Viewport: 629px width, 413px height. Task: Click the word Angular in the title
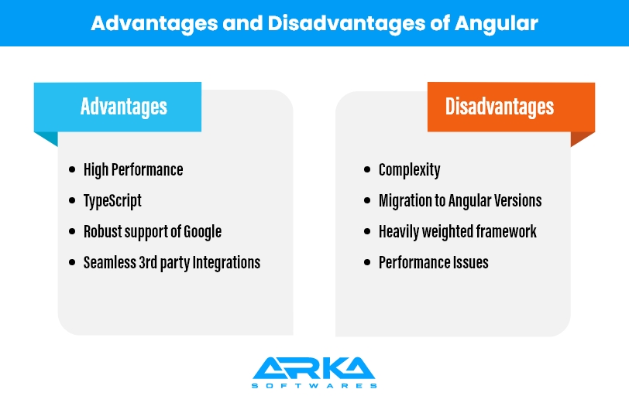pyautogui.click(x=497, y=24)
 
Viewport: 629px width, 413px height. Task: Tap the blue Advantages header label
pyautogui.click(x=118, y=107)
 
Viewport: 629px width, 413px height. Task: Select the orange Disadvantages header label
pyautogui.click(x=511, y=107)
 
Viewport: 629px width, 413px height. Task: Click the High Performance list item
pyautogui.click(x=133, y=170)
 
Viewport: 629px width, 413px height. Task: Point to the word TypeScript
pyautogui.click(x=112, y=200)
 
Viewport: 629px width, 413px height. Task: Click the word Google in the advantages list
pyautogui.click(x=203, y=232)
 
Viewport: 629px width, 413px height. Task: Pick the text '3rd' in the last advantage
pyautogui.click(x=148, y=263)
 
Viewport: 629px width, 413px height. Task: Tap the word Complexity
pyautogui.click(x=409, y=170)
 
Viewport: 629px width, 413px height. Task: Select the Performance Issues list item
pyautogui.click(x=434, y=263)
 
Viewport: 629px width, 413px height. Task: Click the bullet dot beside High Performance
pyautogui.click(x=72, y=169)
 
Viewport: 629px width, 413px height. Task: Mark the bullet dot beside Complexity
pyautogui.click(x=367, y=169)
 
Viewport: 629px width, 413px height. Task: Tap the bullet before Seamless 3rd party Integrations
pyautogui.click(x=72, y=262)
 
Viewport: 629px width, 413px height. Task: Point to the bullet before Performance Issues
pyautogui.click(x=367, y=262)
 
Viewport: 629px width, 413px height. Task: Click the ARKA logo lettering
pyautogui.click(x=314, y=368)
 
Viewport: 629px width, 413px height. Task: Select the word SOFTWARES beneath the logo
pyautogui.click(x=314, y=386)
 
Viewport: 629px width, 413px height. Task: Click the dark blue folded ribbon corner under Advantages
pyautogui.click(x=48, y=138)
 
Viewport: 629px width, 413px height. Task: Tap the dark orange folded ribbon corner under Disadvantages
pyautogui.click(x=581, y=138)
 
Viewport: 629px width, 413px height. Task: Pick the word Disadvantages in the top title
pyautogui.click(x=346, y=23)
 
